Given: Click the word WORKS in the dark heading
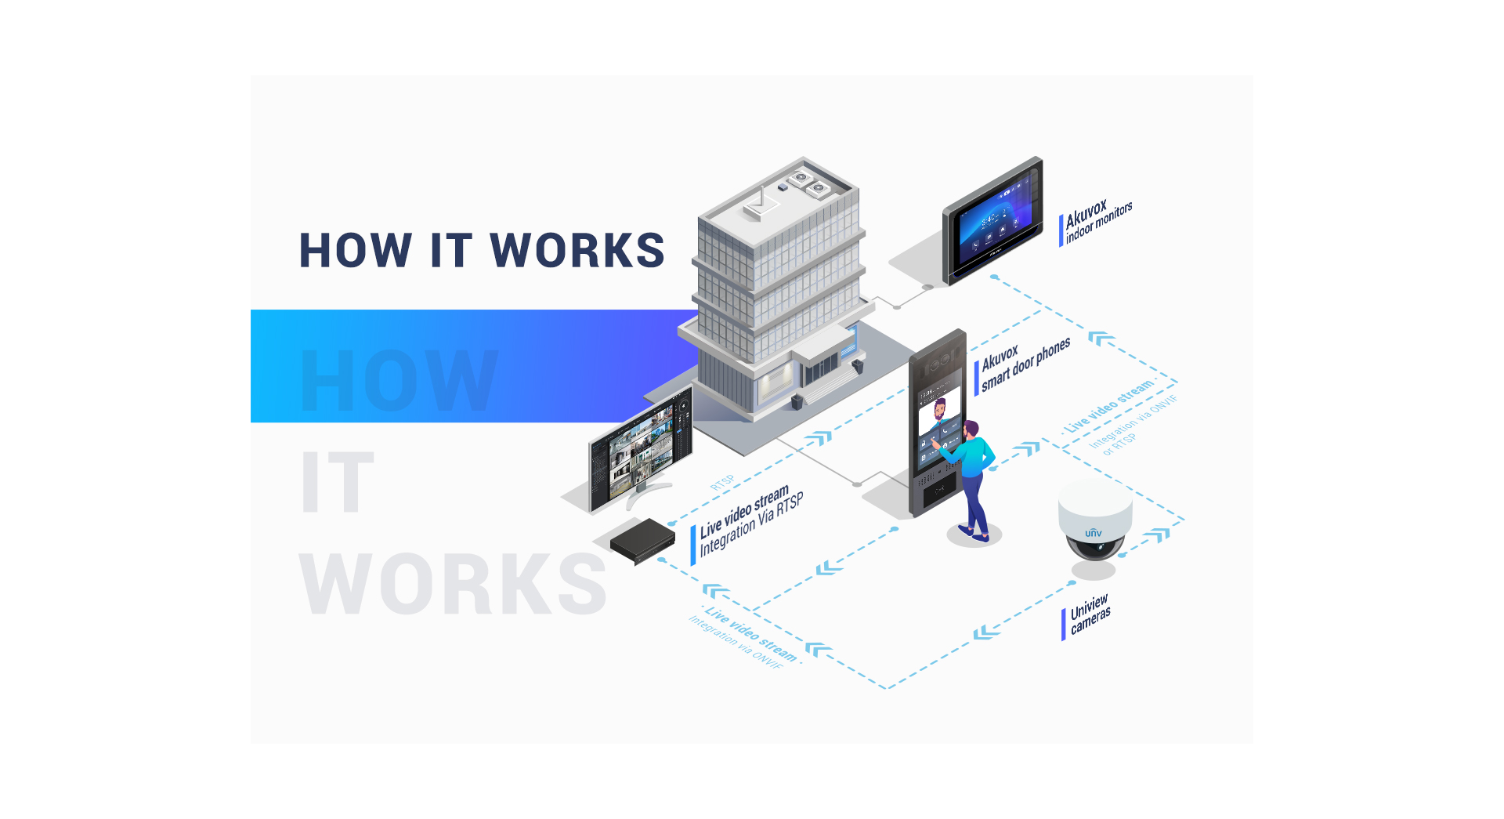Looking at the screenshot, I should [x=577, y=251].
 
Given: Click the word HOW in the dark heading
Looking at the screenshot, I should [x=356, y=251].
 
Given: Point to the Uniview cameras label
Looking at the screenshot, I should [x=1090, y=614].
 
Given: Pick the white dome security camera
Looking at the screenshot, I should [x=1094, y=521].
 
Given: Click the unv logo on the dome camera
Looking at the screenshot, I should [x=1094, y=533].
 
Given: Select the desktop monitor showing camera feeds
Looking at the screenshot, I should [x=641, y=451].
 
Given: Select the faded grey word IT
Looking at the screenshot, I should [x=337, y=482].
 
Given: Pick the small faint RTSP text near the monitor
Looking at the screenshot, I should [x=722, y=482].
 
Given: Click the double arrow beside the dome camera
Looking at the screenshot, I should [x=1156, y=536].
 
